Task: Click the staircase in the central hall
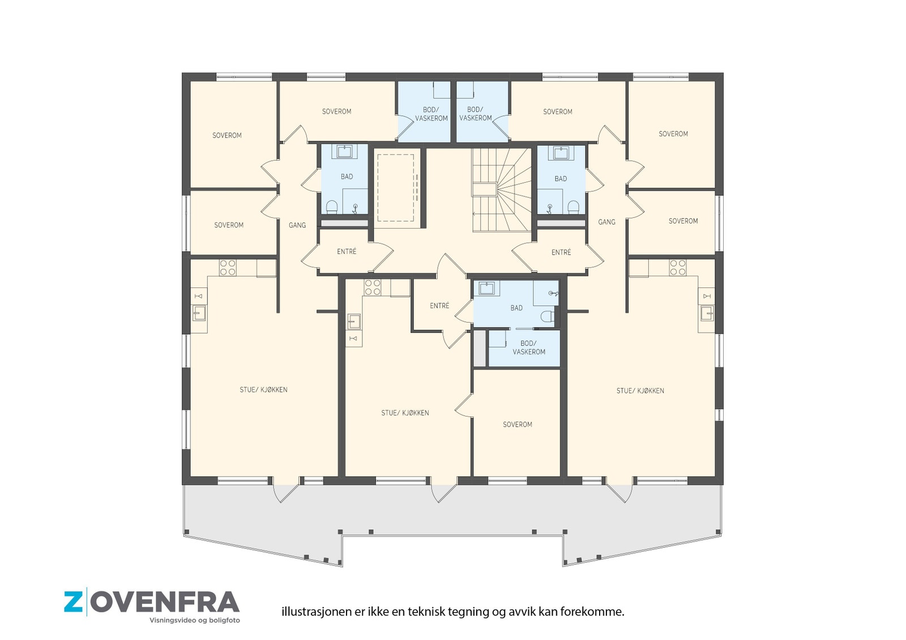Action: (x=502, y=190)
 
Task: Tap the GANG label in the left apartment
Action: (x=297, y=225)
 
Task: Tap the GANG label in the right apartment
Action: (x=606, y=222)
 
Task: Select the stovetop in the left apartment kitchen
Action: (x=228, y=268)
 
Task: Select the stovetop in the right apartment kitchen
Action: (x=677, y=268)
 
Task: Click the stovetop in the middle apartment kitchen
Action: (x=373, y=287)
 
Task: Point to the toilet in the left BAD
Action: (x=332, y=207)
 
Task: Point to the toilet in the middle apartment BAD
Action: (x=547, y=317)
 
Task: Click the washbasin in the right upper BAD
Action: (x=561, y=153)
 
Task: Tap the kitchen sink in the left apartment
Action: (x=199, y=312)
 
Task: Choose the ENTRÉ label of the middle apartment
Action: (x=439, y=306)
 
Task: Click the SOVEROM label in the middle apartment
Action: (x=517, y=424)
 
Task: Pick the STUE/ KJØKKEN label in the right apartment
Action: (x=640, y=390)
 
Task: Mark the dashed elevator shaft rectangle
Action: (x=396, y=188)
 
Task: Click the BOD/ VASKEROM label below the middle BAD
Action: (x=529, y=347)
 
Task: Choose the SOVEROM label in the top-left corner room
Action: (x=226, y=135)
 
